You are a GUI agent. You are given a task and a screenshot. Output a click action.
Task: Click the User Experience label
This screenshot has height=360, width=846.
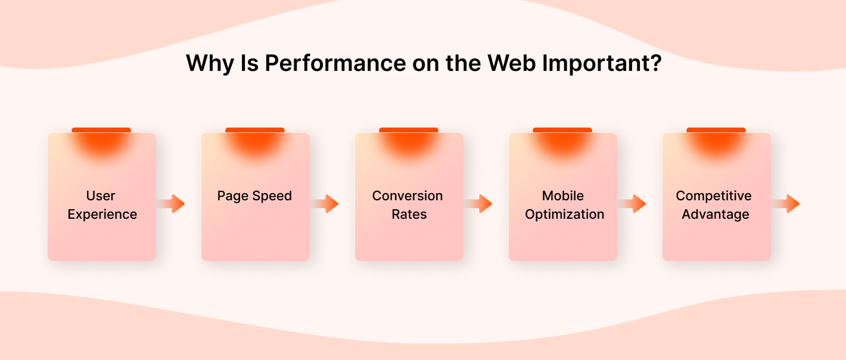102,205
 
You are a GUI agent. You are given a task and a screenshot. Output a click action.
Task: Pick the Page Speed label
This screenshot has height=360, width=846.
254,196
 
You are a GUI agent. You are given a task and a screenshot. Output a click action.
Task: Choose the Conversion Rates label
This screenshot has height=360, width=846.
408,205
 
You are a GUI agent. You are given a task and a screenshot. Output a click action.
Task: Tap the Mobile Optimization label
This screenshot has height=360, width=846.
564,205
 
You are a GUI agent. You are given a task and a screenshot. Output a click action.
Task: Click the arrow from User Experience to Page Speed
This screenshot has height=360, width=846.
172,204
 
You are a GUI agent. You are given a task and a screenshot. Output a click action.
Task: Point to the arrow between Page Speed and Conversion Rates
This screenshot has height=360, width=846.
326,204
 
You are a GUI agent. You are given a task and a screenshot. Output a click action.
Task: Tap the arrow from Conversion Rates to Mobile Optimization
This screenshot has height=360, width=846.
480,204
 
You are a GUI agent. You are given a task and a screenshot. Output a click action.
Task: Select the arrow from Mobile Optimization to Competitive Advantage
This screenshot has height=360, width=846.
633,204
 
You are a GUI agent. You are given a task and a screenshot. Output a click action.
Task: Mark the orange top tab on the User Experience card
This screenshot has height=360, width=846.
101,130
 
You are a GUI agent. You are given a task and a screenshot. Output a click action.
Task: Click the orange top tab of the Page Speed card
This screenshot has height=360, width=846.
255,130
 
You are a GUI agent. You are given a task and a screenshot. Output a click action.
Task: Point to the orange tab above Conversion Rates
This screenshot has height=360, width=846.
409,130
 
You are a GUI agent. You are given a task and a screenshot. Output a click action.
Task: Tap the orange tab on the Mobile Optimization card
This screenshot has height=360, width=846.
562,130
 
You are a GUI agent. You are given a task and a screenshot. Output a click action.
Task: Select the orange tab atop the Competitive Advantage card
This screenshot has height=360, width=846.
716,130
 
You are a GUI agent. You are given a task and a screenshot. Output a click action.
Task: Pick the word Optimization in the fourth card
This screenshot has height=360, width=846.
565,215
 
